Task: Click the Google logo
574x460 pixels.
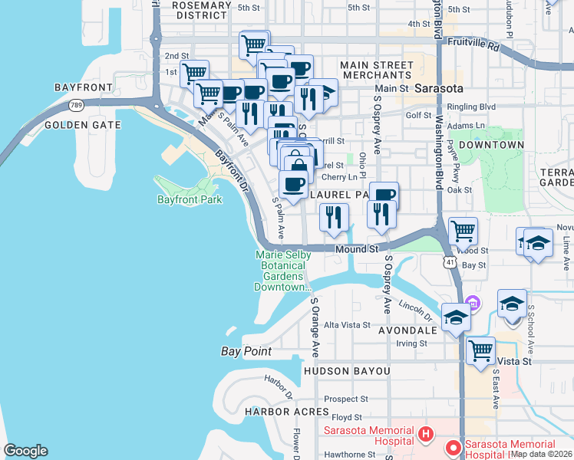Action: point(25,451)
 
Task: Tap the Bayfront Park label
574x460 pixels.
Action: point(190,200)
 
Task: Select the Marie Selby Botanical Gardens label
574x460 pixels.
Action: point(280,271)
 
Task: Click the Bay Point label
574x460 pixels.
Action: point(242,352)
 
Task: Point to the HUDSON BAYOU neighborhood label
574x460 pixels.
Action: point(347,371)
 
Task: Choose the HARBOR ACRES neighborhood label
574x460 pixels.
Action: point(276,412)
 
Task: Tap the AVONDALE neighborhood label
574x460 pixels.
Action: point(407,330)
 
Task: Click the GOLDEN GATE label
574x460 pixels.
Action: point(82,125)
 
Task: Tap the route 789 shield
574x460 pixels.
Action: point(76,105)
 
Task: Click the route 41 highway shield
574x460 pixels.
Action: point(449,263)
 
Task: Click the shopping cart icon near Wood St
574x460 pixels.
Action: point(463,230)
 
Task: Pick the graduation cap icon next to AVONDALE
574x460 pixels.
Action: point(456,317)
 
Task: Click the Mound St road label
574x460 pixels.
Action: point(358,250)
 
